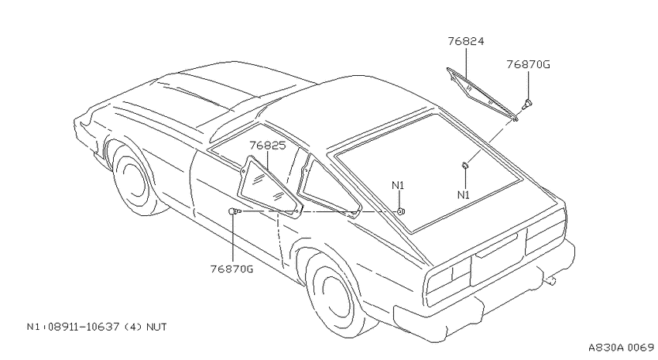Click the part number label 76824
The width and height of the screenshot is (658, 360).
tap(466, 41)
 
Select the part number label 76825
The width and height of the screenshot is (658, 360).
tap(267, 146)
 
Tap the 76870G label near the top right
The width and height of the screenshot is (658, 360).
tap(528, 64)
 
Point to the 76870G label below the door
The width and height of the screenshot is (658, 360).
tap(231, 269)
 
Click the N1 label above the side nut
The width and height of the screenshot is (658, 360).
tap(398, 185)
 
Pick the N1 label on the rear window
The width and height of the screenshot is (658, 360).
tap(463, 194)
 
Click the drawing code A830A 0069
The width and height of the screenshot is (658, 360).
tap(621, 348)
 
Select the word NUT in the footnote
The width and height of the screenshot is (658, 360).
tap(156, 327)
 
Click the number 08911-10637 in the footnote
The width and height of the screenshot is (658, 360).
tap(84, 327)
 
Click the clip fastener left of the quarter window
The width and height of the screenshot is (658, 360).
tap(234, 211)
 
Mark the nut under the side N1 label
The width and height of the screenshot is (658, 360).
tap(401, 211)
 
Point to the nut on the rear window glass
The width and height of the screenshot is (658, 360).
tap(465, 166)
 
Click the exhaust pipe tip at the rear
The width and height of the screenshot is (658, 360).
tap(550, 281)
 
